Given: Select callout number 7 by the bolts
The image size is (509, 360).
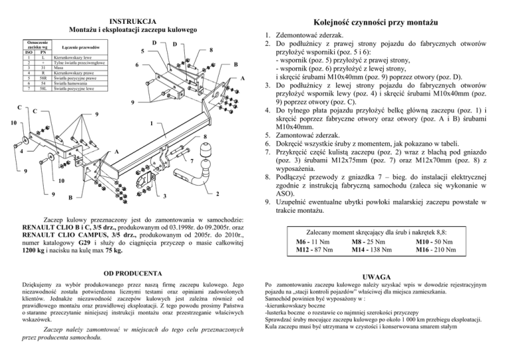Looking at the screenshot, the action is (191, 162).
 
